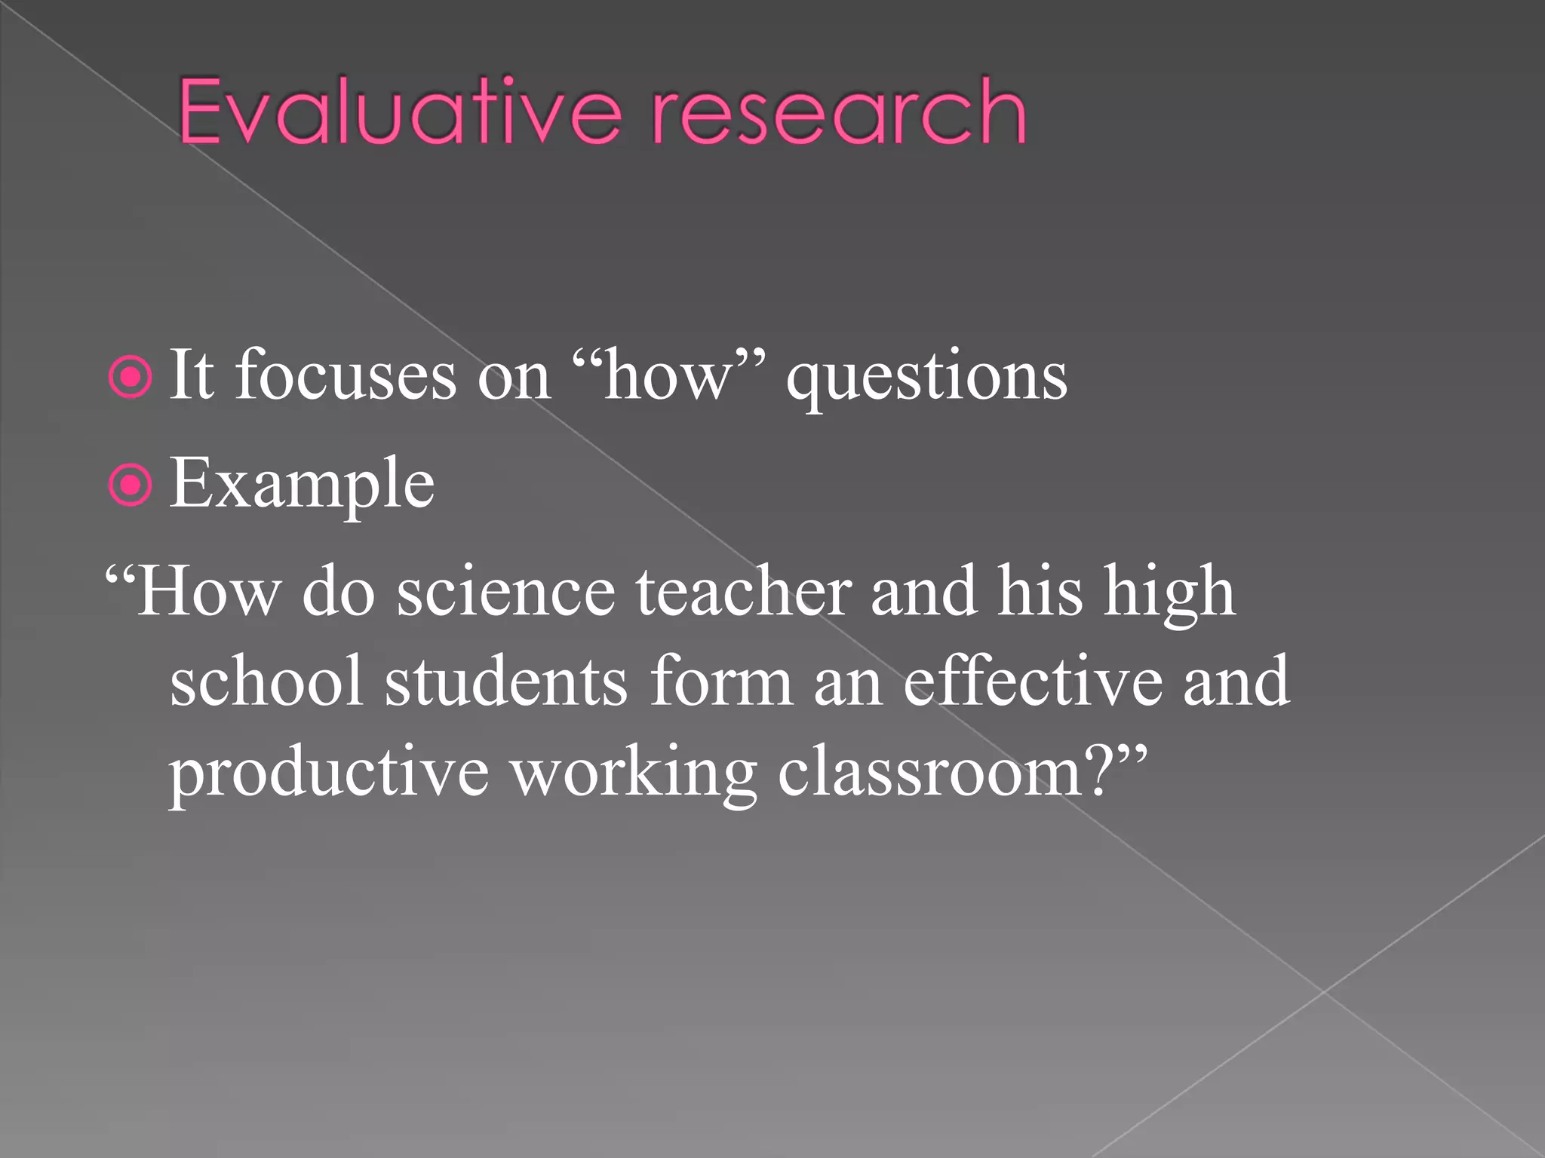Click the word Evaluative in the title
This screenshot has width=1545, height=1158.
click(x=400, y=113)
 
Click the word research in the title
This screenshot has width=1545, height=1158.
click(x=837, y=113)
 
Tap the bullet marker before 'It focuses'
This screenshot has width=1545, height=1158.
click(x=131, y=378)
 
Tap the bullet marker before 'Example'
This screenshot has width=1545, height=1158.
click(x=131, y=486)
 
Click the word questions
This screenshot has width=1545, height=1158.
click(x=926, y=377)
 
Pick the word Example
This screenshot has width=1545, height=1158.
click(x=302, y=484)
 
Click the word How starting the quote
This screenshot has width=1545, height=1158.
click(x=207, y=593)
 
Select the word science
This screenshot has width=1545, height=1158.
click(x=505, y=593)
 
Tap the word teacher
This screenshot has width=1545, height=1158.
click(x=743, y=593)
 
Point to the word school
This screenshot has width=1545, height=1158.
click(x=266, y=682)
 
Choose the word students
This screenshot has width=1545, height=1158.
click(x=505, y=682)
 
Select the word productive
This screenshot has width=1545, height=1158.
click(x=329, y=774)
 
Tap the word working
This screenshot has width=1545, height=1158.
click(x=634, y=774)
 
